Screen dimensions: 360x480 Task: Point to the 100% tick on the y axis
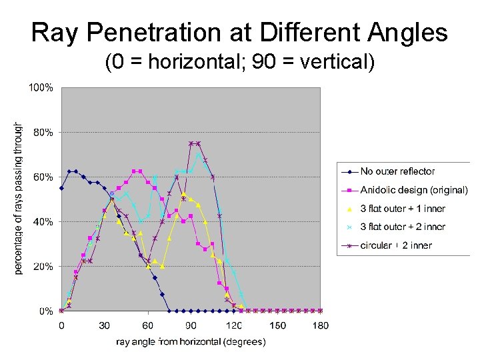pos(41,87)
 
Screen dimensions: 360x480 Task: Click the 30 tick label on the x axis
pos(105,325)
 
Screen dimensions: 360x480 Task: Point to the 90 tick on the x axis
pos(191,325)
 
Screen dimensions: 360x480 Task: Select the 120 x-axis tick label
pos(234,325)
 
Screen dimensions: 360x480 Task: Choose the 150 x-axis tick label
pos(277,325)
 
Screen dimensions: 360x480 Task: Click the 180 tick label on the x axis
pos(320,325)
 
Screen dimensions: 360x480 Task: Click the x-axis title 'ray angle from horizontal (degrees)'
pos(191,342)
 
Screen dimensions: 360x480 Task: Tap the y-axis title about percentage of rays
pos(19,199)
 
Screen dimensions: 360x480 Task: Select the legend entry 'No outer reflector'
pos(397,171)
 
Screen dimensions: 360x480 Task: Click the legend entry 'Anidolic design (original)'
pos(413,190)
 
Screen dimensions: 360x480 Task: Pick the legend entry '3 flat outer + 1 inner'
pos(402,209)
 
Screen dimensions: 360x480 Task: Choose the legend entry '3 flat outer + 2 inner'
pos(402,227)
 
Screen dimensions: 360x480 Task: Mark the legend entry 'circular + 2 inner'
pos(396,245)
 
